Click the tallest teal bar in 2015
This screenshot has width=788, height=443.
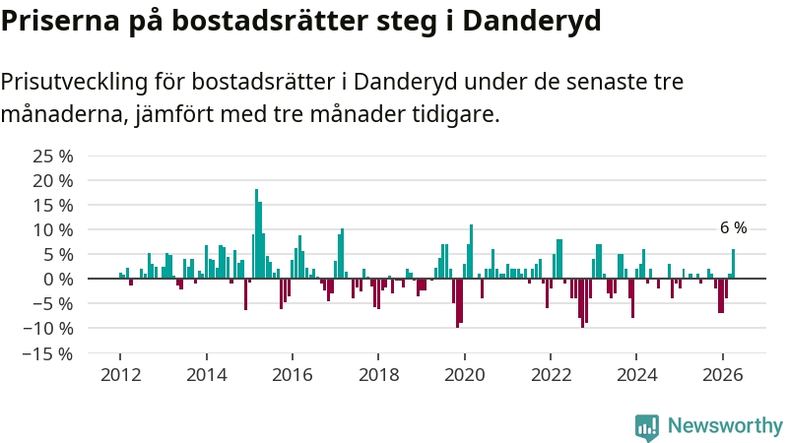pos(256,233)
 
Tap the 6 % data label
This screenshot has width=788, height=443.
pos(733,228)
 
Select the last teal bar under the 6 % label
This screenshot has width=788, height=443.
pos(733,264)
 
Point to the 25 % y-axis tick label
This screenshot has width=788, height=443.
pos(53,157)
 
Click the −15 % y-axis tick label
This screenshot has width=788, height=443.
pos(47,354)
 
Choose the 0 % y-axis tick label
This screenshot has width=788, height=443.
pos(58,280)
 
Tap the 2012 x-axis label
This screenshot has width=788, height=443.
pos(120,375)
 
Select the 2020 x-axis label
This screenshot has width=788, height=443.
pos(465,375)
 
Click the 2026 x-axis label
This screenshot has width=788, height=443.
pos(723,375)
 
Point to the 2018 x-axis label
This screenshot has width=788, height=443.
pos(379,375)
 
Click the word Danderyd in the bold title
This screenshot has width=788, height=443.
pos(532,21)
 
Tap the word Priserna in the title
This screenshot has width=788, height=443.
pos(60,20)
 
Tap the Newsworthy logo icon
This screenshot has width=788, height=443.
pos(647,427)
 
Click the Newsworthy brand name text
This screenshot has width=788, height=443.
pos(725,426)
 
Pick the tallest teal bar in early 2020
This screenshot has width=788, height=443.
pos(472,251)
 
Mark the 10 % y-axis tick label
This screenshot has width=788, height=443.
pos(53,230)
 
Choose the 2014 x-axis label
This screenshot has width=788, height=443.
pos(207,375)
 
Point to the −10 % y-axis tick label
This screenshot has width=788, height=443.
pos(47,329)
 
